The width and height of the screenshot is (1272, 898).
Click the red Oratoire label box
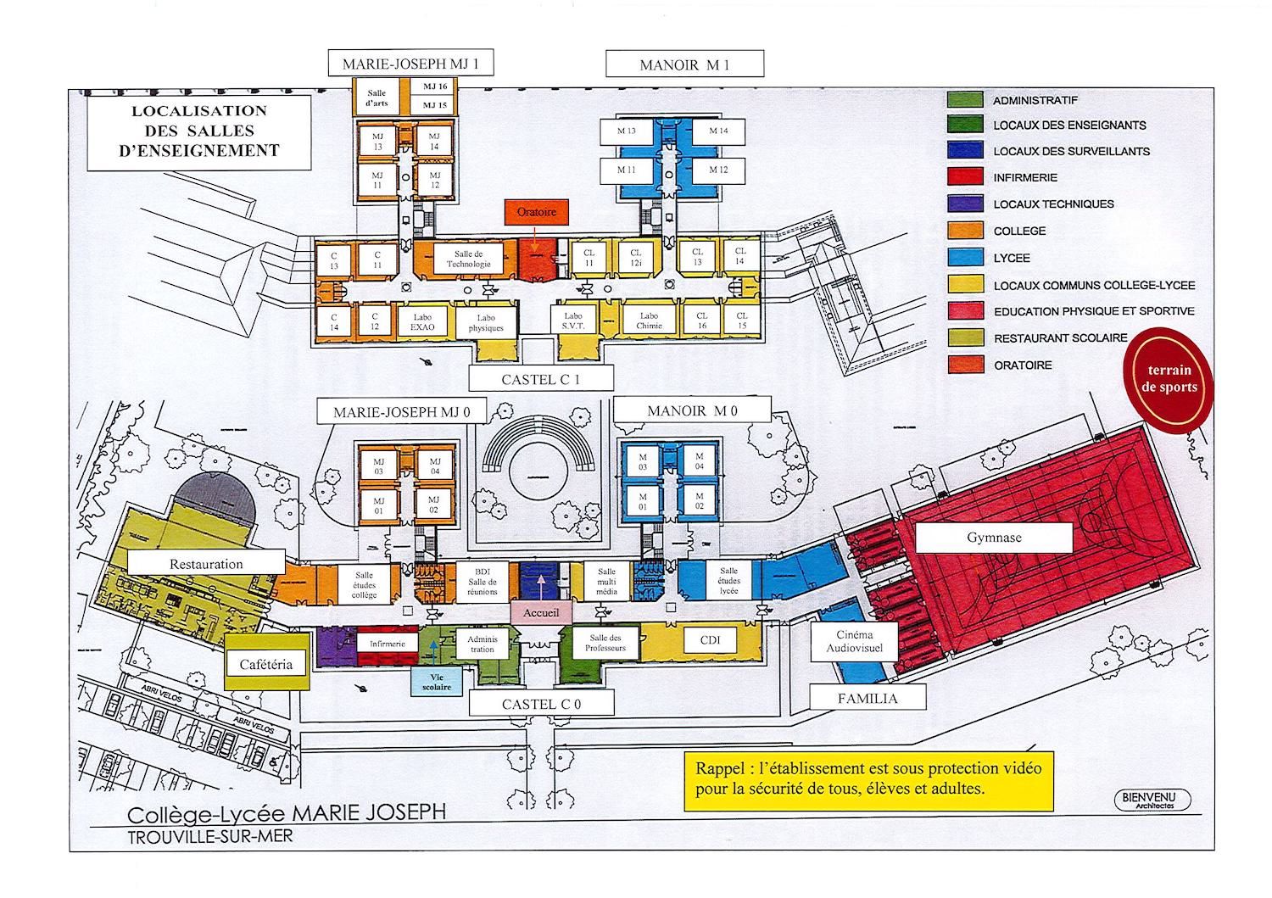point(536,212)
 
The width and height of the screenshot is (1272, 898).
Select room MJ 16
point(435,86)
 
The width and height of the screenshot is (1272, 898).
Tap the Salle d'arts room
point(377,98)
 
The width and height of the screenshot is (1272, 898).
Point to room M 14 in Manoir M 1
point(718,131)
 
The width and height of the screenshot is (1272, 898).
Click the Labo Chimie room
point(650,321)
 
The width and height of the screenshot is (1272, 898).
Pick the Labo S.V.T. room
point(573,321)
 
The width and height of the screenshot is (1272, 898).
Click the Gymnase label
point(994,538)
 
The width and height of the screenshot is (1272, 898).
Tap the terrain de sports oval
point(1169,378)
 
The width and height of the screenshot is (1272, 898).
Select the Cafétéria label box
point(265,665)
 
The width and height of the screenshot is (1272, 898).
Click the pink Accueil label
point(541,612)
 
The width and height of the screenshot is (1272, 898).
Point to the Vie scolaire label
point(437,682)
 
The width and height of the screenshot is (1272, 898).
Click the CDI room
point(710,640)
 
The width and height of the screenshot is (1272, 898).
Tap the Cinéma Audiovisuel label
point(854,641)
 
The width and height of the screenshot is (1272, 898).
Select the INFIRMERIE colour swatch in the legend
point(965,177)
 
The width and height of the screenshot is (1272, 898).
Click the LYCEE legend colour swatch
point(965,258)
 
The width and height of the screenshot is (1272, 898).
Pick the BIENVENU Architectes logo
point(1152,800)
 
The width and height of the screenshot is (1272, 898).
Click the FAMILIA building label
point(867,699)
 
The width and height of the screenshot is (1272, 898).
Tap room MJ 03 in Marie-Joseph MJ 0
point(379,466)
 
